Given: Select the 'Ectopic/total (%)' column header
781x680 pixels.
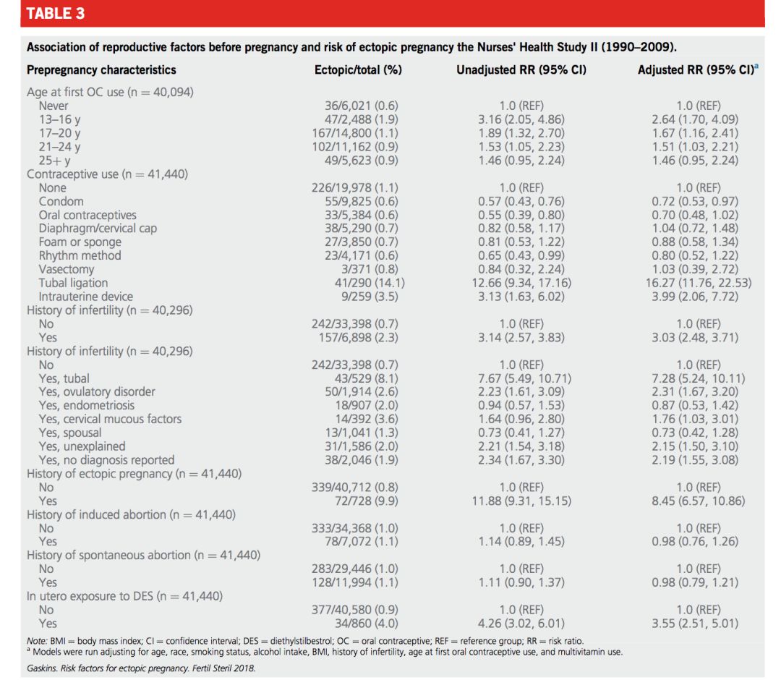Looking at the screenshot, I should point(358,70).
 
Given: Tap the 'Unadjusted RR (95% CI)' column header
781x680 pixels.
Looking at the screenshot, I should point(521,70).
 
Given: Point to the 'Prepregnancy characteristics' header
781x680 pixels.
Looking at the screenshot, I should point(101,70).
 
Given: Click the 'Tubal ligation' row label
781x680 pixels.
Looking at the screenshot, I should point(73,283).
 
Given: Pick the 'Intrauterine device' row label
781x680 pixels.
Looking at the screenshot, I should point(86,297).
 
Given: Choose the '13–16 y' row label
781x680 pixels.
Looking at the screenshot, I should point(60,119).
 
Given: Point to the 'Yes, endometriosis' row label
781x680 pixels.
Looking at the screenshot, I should point(87,405).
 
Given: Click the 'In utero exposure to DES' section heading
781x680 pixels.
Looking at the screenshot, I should point(124,596).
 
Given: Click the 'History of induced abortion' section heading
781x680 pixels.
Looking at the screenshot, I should point(131,514).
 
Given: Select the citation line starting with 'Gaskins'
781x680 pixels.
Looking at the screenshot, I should point(141,668).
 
